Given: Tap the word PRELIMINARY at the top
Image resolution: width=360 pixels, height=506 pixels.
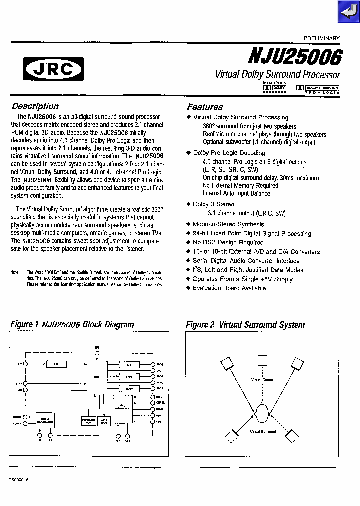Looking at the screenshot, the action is coord(321,38).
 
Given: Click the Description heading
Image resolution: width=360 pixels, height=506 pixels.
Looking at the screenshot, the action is coord(35,106).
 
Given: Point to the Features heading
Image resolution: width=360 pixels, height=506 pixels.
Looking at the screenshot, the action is coord(205,107).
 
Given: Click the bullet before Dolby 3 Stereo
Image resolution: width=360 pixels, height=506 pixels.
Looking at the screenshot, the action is coord(188,204).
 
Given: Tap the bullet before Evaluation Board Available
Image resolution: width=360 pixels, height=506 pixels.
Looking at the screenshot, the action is coord(188,288).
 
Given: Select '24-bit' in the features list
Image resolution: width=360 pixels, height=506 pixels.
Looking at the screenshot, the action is coord(202,233).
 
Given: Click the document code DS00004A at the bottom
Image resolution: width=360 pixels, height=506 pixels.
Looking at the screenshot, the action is coord(19,479).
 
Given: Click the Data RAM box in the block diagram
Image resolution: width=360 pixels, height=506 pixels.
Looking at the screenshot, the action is coord(104,421).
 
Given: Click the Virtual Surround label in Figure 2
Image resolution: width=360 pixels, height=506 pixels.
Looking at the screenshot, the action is coord(262,431).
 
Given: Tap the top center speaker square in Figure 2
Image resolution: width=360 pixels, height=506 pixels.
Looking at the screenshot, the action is coord(263,360).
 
